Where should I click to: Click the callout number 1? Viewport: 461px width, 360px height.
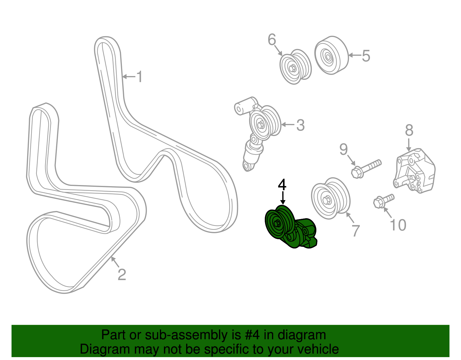140,77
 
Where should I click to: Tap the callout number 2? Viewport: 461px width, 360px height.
122,274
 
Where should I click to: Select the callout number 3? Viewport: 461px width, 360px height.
300,125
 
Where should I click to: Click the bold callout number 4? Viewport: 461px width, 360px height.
282,185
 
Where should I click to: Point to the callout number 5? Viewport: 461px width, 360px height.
366,56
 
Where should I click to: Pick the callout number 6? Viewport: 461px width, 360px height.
272,39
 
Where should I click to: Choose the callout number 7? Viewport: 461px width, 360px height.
356,231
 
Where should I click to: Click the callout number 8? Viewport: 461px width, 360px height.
409,130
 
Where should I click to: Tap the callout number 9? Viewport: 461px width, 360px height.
343,149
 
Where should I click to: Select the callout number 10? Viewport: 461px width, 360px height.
398,225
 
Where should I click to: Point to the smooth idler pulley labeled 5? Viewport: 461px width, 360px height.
331,55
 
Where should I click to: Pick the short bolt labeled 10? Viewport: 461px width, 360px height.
383,200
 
